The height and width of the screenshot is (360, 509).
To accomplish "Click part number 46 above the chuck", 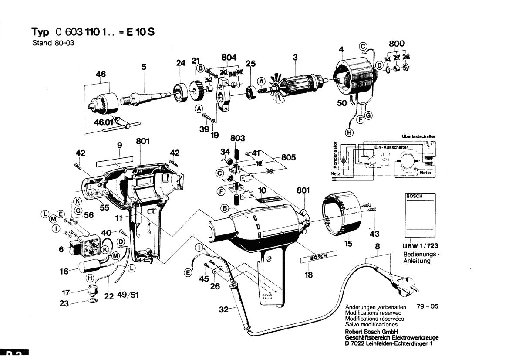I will pos(101,75).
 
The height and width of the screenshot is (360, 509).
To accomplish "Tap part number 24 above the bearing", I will pos(181,63).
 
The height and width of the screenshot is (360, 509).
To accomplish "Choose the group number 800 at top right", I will pos(396,44).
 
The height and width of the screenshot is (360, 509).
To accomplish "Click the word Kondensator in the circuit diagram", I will pos(335,155).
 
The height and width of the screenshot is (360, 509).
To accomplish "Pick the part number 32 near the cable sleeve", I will pos(223,310).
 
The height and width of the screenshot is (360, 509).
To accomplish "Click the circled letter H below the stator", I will pos(349,132).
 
